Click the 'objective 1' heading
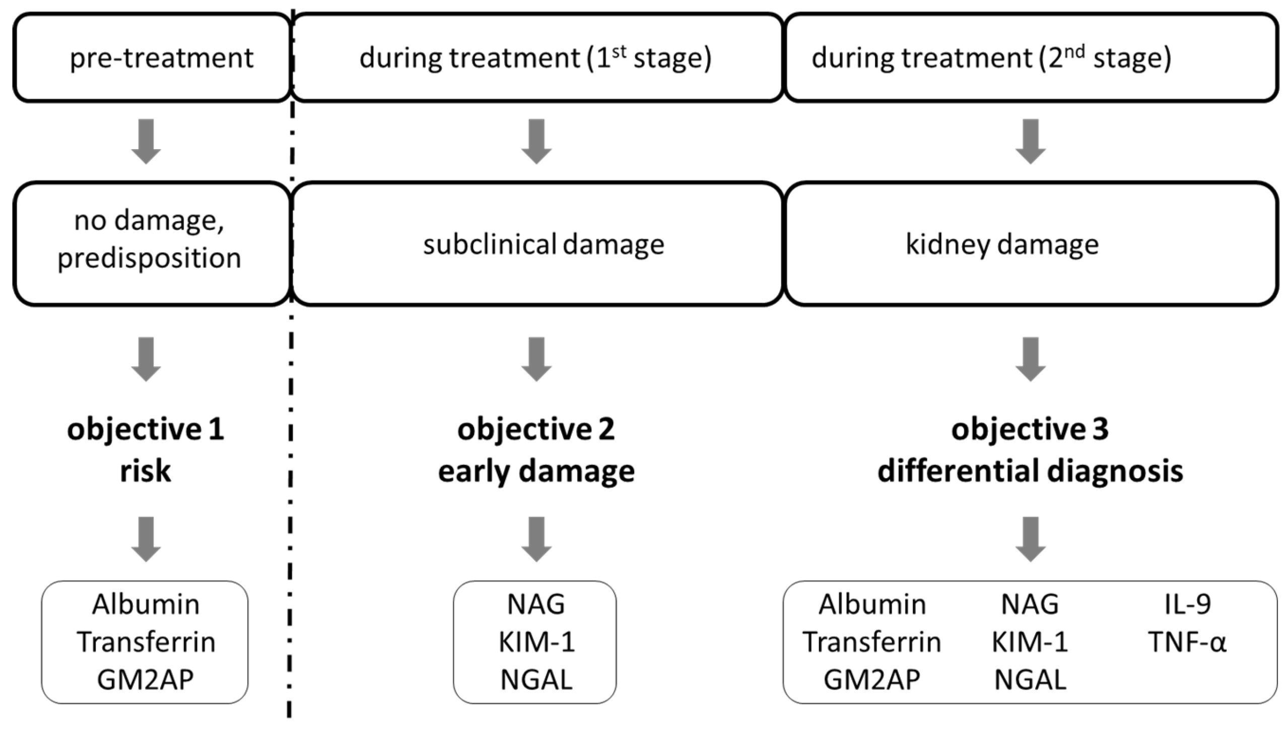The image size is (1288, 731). tap(146, 430)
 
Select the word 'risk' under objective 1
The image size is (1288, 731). tap(146, 471)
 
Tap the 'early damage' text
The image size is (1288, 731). tap(536, 471)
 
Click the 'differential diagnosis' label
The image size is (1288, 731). tap(1030, 471)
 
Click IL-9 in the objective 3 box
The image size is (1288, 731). tap(1187, 604)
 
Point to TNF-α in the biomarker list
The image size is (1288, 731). tap(1187, 642)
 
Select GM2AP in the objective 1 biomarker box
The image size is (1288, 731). tap(146, 679)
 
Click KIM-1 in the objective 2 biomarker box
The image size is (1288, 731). tap(536, 642)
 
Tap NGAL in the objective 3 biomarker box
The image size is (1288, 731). tap(1030, 679)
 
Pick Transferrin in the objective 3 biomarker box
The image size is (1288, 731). tap(872, 642)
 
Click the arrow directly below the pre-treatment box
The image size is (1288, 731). tap(146, 141)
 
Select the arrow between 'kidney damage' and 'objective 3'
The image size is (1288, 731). tap(1030, 359)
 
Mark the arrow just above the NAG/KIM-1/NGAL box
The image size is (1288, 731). tap(536, 538)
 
